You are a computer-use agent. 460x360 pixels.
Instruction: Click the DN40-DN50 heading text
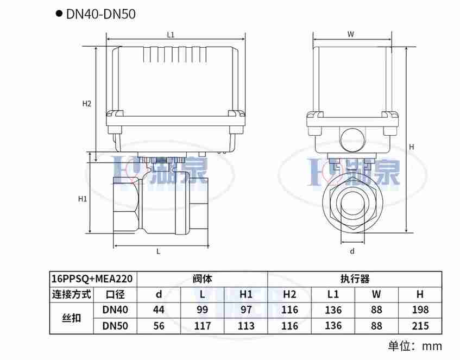point(100,14)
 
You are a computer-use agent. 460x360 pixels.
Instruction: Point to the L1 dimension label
point(171,35)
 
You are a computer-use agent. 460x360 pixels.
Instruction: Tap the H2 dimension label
point(87,104)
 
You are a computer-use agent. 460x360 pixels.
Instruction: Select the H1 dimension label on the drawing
point(83,199)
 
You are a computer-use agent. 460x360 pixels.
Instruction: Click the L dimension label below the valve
point(159,251)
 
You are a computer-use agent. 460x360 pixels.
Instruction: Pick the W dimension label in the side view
point(351,34)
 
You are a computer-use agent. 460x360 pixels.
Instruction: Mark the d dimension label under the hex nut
point(352,251)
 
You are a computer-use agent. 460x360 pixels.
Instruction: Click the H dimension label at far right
point(412,147)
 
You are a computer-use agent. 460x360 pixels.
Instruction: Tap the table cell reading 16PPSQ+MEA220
point(92,278)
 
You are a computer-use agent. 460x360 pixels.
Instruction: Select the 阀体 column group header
point(202,279)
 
